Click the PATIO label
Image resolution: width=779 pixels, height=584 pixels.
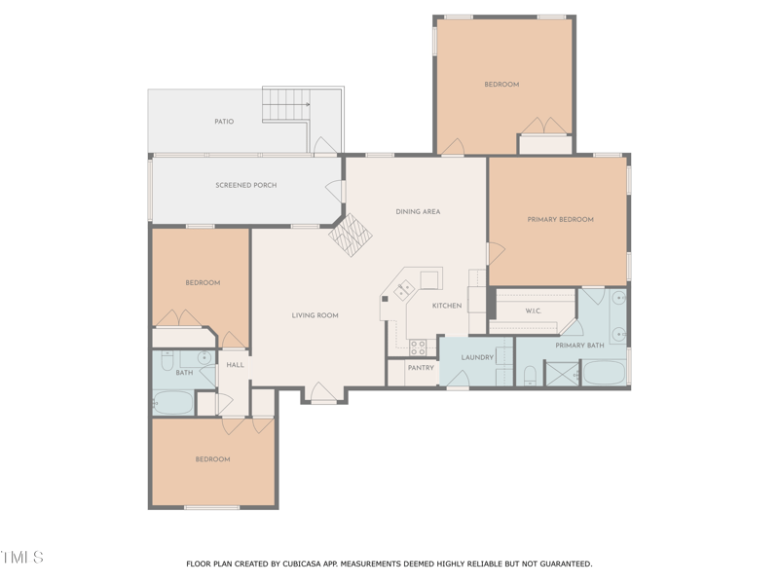click(224, 122)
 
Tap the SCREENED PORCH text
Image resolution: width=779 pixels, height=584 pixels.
click(246, 185)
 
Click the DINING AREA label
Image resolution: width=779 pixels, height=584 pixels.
click(418, 211)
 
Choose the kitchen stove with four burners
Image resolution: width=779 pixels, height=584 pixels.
click(418, 347)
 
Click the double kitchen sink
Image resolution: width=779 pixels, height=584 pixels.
click(404, 289)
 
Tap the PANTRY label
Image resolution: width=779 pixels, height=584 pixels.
click(421, 368)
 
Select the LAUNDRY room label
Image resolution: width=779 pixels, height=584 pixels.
click(477, 357)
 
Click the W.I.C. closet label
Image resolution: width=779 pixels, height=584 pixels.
click(534, 311)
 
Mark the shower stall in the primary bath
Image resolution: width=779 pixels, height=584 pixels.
click(561, 373)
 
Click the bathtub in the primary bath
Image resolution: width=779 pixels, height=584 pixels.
click(604, 373)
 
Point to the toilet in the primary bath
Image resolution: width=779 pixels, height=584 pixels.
click(531, 375)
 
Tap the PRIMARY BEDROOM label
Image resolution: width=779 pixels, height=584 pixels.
click(560, 220)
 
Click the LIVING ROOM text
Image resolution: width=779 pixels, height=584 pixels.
click(315, 315)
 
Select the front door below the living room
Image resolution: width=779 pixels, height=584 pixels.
click(322, 393)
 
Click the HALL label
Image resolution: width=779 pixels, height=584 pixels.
click(235, 365)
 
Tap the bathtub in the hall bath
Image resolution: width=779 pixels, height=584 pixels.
click(174, 401)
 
